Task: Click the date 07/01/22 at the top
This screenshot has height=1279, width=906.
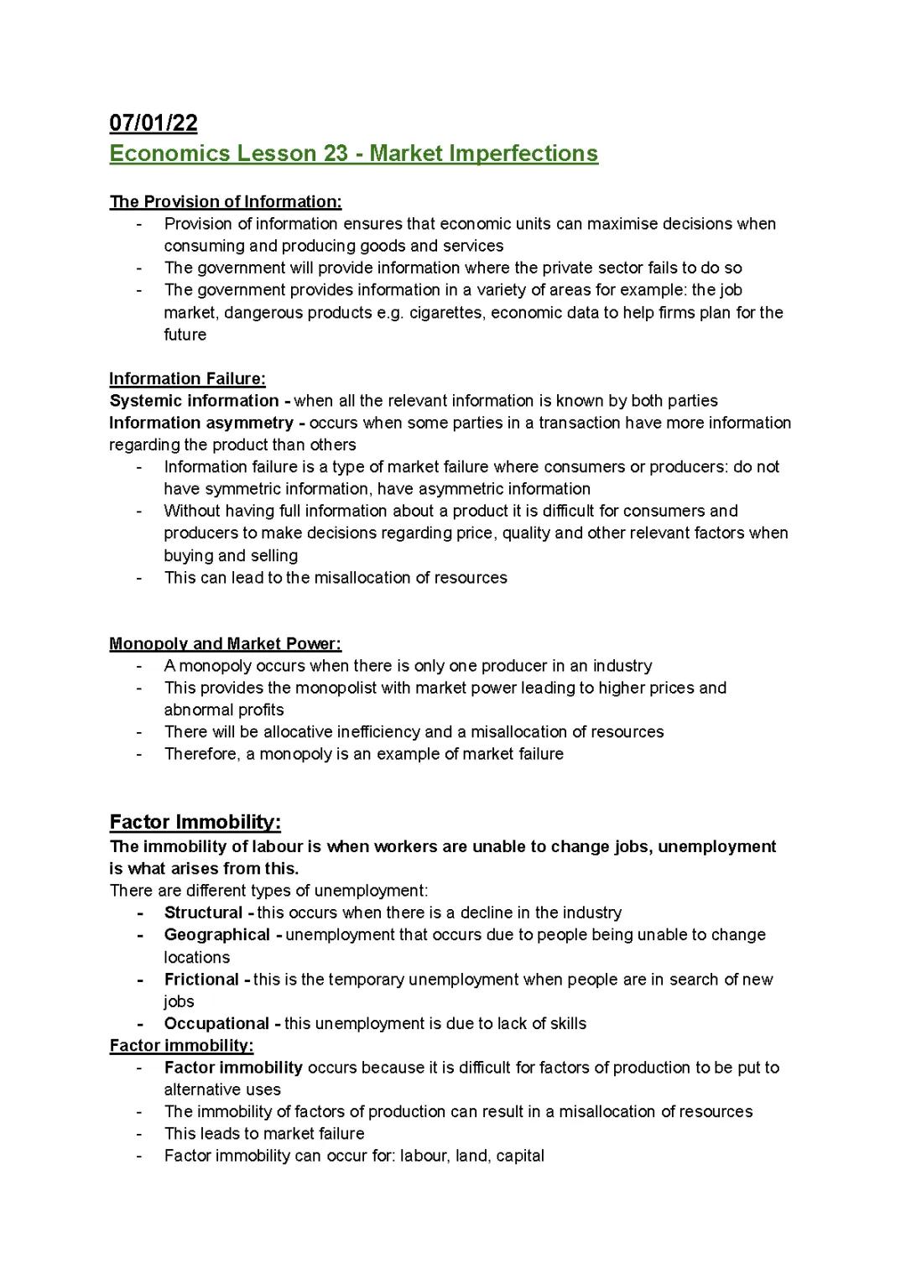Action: pyautogui.click(x=154, y=123)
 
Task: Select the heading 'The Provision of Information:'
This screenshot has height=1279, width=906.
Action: pyautogui.click(x=226, y=201)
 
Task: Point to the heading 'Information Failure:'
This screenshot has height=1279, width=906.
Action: pyautogui.click(x=187, y=378)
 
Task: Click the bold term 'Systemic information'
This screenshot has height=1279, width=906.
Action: pyautogui.click(x=194, y=401)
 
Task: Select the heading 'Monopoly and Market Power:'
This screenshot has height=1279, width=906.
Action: pyautogui.click(x=225, y=643)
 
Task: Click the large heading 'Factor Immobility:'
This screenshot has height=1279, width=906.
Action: pyautogui.click(x=195, y=821)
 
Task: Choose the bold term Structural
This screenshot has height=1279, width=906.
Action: pyautogui.click(x=204, y=912)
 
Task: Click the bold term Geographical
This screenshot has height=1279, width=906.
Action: pyautogui.click(x=217, y=934)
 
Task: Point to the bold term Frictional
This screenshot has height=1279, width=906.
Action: pyautogui.click(x=201, y=979)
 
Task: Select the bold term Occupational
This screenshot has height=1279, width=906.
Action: pyautogui.click(x=216, y=1023)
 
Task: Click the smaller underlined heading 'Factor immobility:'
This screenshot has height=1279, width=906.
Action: pyautogui.click(x=181, y=1045)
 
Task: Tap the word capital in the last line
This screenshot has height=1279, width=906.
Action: pyautogui.click(x=520, y=1156)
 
